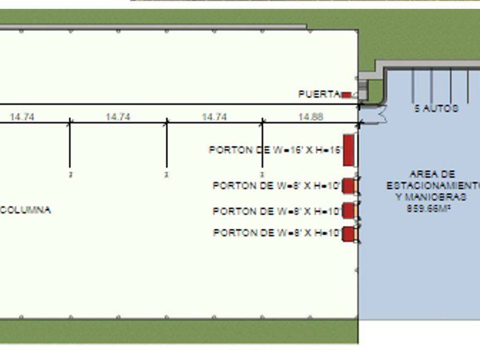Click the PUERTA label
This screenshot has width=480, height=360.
319,94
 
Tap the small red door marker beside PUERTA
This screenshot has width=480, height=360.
346,95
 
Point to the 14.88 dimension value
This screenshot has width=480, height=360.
310,117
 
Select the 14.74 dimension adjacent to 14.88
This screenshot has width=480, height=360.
214,117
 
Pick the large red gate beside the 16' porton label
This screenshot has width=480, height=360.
348,150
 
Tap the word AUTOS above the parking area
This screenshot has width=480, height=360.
440,108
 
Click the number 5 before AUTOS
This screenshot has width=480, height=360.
417,108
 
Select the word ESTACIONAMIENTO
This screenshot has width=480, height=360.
433,186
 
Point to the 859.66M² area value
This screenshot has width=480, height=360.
429,209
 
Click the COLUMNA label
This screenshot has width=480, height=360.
25,210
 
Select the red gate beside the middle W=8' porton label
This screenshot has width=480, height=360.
348,211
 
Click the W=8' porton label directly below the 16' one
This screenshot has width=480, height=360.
277,186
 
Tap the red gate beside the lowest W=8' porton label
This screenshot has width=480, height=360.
348,233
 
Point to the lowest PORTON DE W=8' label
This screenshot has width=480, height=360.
277,233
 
